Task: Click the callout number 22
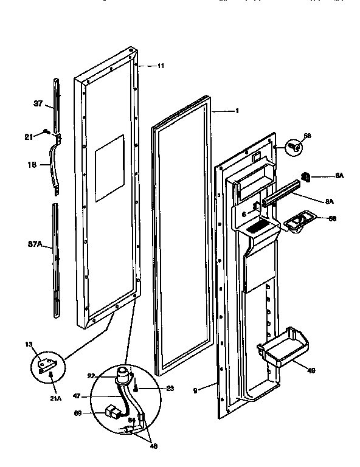(x=91, y=376)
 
